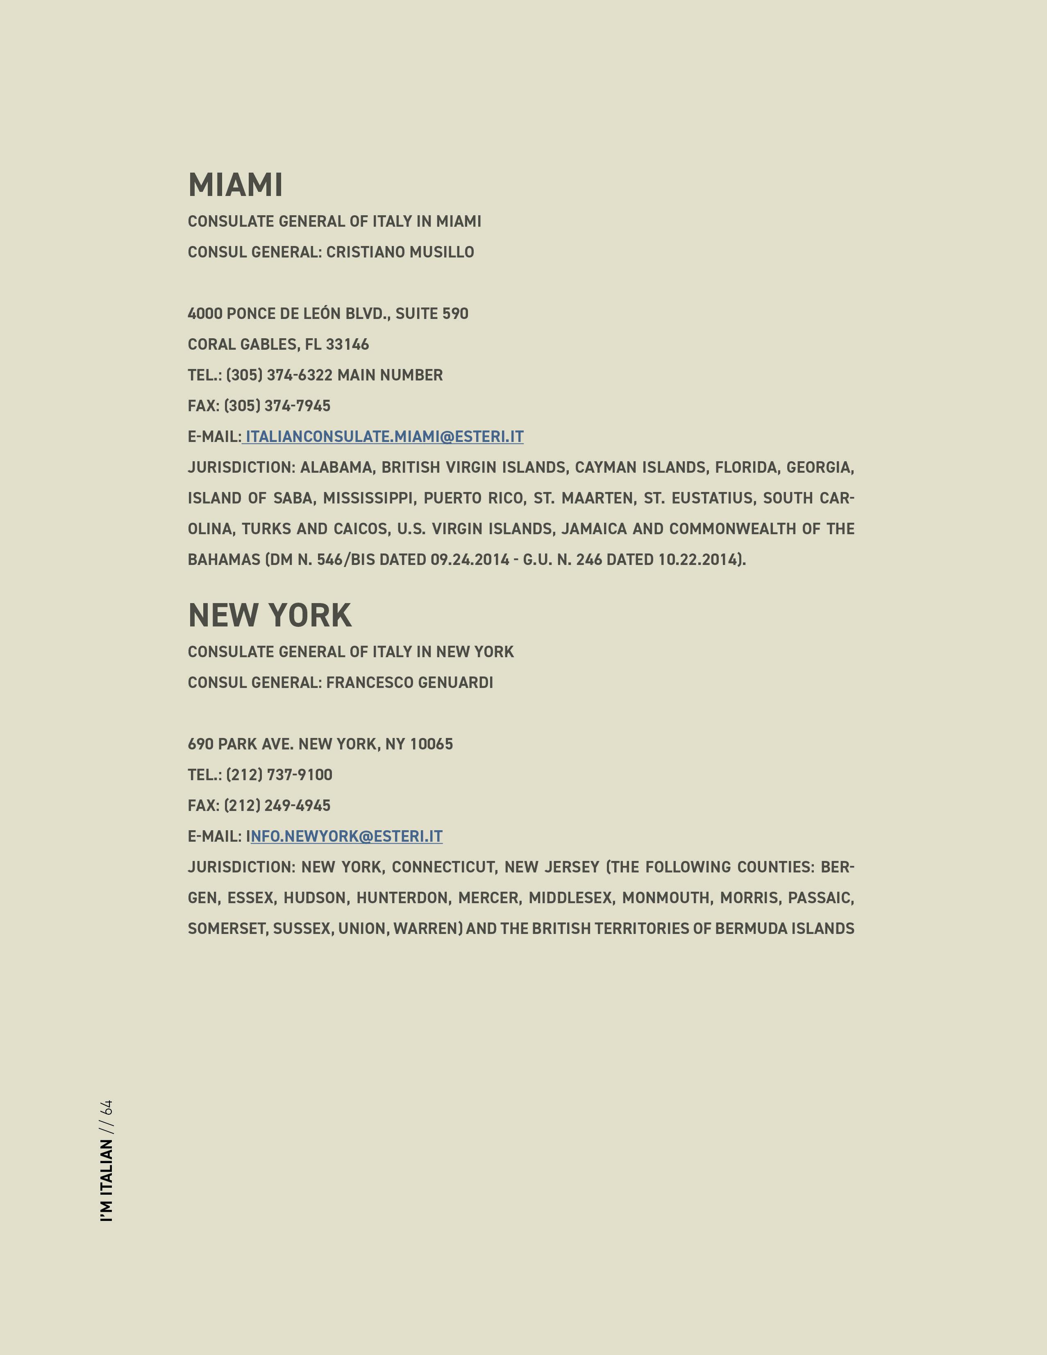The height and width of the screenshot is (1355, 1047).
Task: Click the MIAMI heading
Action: click(x=235, y=185)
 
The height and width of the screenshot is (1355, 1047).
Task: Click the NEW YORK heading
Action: click(x=270, y=615)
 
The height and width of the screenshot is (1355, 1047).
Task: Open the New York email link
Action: click(x=346, y=836)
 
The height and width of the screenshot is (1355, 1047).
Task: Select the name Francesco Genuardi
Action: click(x=409, y=683)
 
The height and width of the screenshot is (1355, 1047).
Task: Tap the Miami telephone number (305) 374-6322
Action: click(x=279, y=376)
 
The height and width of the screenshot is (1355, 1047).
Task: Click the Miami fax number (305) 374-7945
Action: click(x=277, y=406)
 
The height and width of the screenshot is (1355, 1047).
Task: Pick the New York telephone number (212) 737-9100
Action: click(x=279, y=775)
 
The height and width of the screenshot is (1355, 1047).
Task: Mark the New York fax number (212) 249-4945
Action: click(x=277, y=805)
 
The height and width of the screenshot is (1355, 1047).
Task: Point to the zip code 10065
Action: click(x=431, y=744)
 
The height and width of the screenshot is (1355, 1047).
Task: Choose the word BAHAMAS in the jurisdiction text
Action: click(x=224, y=560)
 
